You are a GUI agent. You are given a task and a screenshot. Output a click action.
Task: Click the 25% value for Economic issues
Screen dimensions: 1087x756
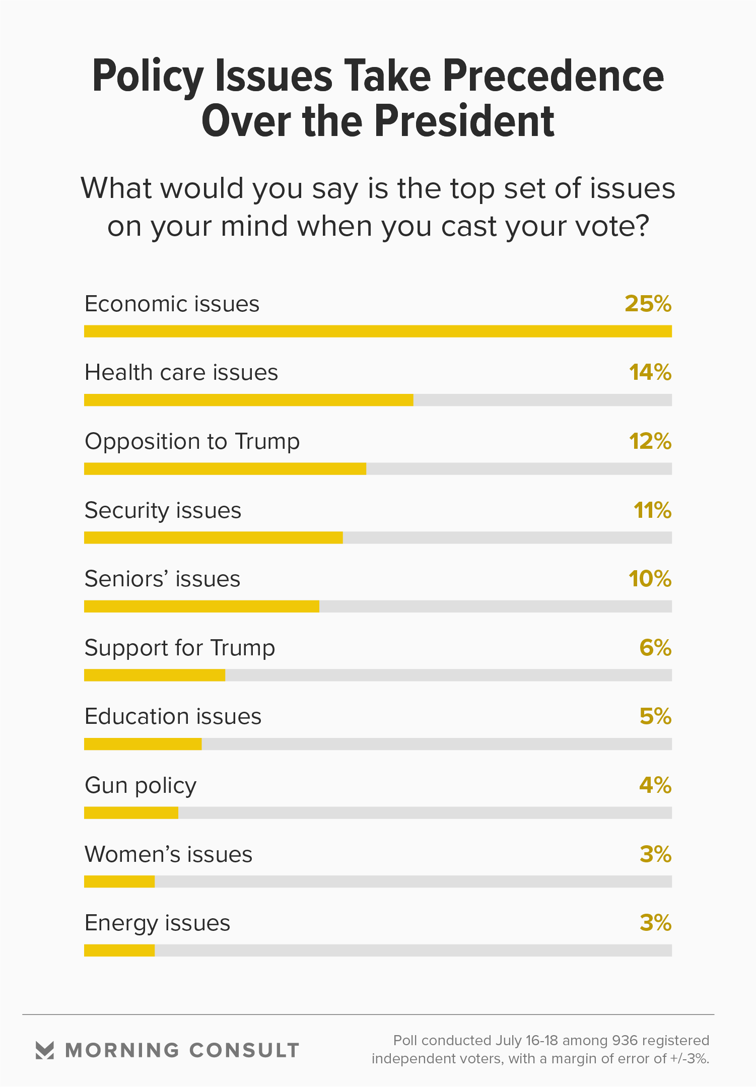click(x=648, y=304)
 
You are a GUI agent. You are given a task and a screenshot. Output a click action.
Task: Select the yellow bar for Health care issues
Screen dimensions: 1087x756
click(x=248, y=400)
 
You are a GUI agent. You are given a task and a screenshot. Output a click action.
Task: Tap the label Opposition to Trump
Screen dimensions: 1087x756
click(x=192, y=441)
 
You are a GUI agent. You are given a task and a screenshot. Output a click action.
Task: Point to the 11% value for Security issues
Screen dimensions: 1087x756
click(x=652, y=510)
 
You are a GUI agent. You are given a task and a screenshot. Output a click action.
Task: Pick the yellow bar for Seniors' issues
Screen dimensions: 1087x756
click(x=201, y=606)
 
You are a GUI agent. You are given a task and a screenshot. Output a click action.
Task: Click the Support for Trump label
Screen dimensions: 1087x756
click(x=179, y=648)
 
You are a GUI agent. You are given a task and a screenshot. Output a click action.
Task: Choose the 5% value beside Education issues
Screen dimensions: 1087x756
click(x=655, y=716)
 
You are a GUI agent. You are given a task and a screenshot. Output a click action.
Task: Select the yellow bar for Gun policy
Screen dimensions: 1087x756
click(x=131, y=813)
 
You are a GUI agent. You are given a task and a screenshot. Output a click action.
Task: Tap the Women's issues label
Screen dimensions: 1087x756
click(x=168, y=854)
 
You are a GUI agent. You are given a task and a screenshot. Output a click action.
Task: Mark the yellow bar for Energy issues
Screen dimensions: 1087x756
click(x=119, y=950)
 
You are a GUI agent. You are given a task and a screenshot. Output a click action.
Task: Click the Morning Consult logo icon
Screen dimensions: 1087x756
click(x=45, y=1050)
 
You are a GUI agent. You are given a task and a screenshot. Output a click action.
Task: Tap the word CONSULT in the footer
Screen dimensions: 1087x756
click(x=244, y=1051)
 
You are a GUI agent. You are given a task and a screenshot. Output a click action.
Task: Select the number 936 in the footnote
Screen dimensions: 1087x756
click(x=625, y=1041)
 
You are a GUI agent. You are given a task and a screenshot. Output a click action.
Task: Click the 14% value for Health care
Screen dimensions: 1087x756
click(x=650, y=373)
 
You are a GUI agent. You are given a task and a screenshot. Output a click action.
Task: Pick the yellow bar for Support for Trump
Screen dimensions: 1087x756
click(x=155, y=675)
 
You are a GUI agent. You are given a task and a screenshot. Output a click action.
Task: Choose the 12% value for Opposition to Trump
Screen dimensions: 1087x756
click(x=650, y=441)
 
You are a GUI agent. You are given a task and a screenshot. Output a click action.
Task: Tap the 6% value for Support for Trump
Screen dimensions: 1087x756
click(x=655, y=648)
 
